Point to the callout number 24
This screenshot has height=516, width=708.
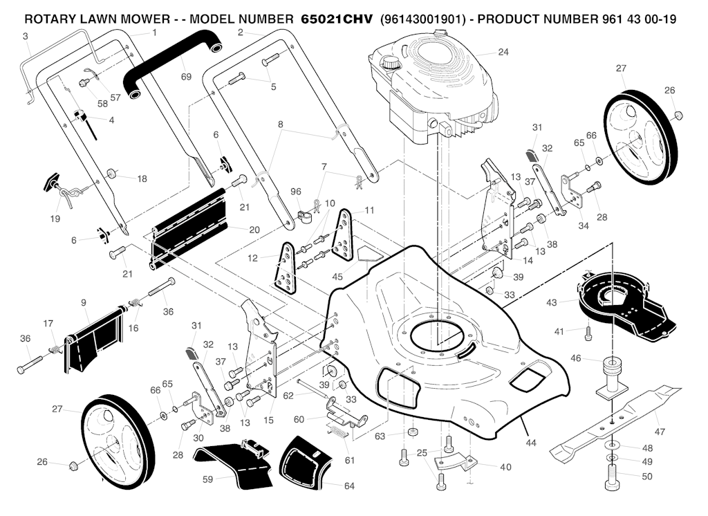[503, 53]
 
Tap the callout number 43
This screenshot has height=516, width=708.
[551, 303]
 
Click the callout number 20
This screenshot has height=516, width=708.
[254, 230]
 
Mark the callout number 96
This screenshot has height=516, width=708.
[296, 192]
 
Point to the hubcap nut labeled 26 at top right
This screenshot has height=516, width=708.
[678, 113]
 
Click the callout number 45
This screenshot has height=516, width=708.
[337, 276]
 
